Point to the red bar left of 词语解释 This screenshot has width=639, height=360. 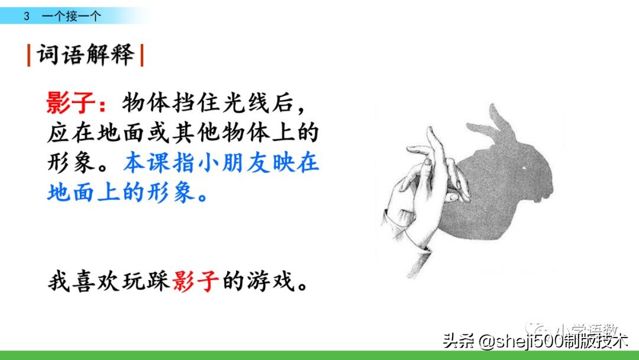(x=28, y=56)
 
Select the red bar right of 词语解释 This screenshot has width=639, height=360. (x=142, y=56)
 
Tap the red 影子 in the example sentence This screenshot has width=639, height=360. (x=196, y=280)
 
